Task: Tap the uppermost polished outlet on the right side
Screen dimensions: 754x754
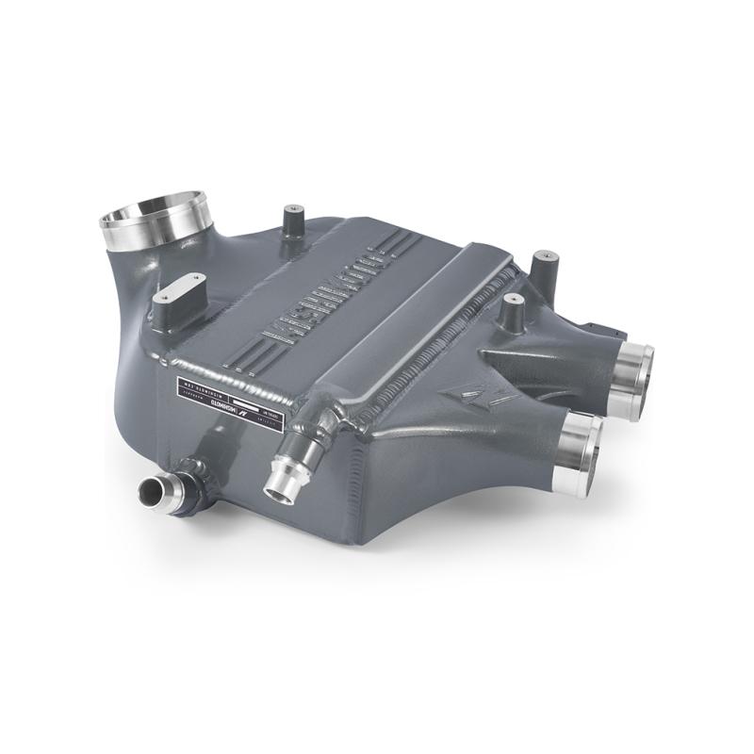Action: (633, 376)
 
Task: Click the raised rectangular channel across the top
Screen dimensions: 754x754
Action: (415, 311)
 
